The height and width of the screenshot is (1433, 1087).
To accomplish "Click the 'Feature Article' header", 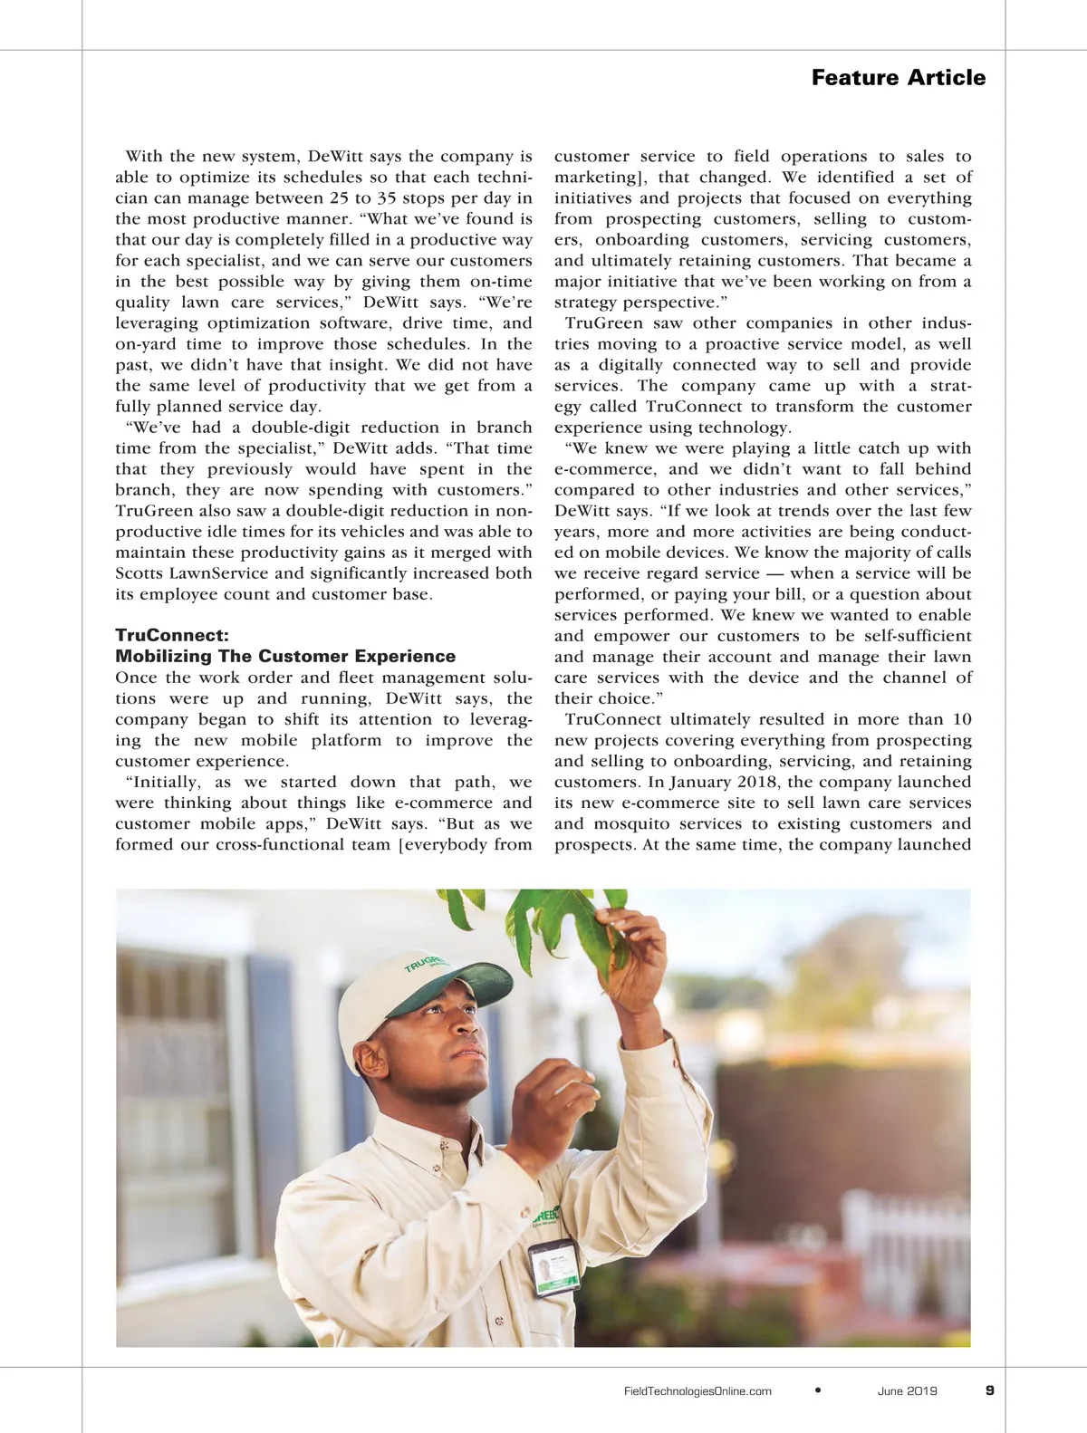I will coord(898,78).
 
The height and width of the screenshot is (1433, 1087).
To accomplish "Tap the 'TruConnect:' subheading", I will coord(172,635).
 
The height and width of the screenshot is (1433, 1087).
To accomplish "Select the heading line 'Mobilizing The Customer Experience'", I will coord(285,656).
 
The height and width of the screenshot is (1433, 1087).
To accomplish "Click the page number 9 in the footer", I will coord(989,1390).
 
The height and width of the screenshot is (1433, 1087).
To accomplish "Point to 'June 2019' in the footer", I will coord(907,1391).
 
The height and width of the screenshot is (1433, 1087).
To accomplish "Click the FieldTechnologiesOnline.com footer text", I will coord(697,1391).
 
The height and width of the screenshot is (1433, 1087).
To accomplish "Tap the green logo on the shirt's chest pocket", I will coord(545,1219).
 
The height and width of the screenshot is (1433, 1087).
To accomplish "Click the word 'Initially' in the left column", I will coord(168,782).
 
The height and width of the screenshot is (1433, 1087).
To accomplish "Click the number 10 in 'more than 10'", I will coord(961,719).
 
